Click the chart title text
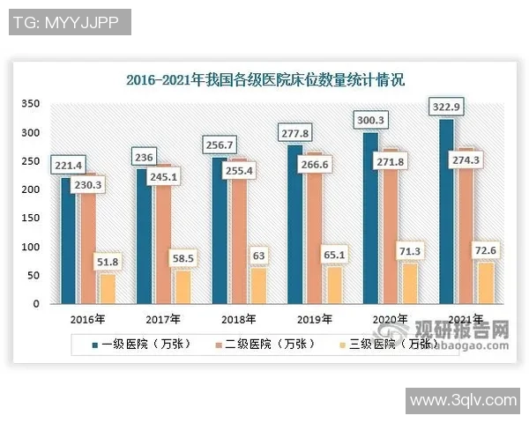[x=264, y=81]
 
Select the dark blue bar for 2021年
[x=447, y=211]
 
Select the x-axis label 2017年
[x=163, y=319]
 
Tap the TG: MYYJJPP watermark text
[x=67, y=21]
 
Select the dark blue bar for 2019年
[x=294, y=225]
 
